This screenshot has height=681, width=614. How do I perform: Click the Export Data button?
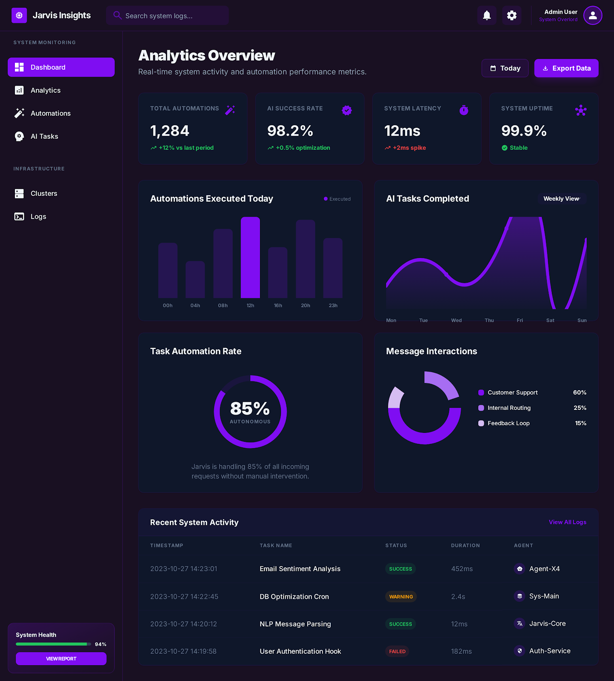click(x=566, y=68)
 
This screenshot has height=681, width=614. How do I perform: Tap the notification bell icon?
click(x=487, y=16)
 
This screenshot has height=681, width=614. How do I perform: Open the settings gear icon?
click(x=511, y=16)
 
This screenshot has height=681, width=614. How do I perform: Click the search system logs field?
click(x=168, y=16)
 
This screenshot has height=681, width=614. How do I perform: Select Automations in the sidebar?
click(x=50, y=113)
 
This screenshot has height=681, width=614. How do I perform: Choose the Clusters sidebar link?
click(x=43, y=193)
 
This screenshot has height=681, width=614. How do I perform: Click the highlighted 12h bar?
click(x=250, y=258)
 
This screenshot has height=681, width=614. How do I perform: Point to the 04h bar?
click(x=195, y=280)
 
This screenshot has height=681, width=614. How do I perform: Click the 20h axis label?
click(x=305, y=306)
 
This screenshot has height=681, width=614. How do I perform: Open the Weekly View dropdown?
click(x=561, y=199)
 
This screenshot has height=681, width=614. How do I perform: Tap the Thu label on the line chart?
click(x=489, y=320)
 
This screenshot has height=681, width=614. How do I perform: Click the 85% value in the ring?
click(x=250, y=409)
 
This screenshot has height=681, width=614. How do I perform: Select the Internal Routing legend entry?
click(x=508, y=408)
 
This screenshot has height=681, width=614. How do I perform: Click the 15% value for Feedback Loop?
click(x=580, y=423)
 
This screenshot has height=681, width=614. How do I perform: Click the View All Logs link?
click(x=567, y=522)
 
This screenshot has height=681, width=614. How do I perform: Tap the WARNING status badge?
click(x=401, y=597)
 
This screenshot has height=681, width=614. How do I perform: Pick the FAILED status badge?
click(x=397, y=651)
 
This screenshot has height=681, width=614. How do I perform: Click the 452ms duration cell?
click(x=462, y=569)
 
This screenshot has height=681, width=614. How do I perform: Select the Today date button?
click(x=505, y=68)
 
